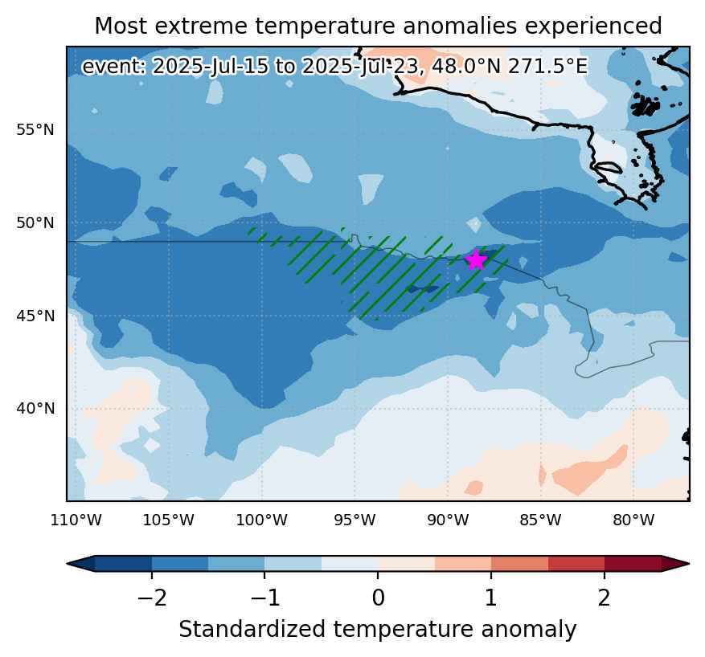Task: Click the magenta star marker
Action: (476, 260)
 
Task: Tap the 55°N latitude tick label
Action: (35, 130)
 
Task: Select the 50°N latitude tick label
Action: (35, 222)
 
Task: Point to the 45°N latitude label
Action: (35, 316)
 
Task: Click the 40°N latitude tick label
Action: (35, 409)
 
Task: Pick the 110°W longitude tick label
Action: (76, 520)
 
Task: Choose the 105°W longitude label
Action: (169, 520)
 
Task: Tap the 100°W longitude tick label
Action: (262, 520)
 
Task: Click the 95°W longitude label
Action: (355, 520)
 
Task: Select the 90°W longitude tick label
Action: (448, 520)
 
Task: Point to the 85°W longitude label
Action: (540, 520)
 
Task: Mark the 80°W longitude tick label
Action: (633, 520)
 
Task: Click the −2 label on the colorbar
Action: (152, 598)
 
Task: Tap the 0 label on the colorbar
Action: (378, 598)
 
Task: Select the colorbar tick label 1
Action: (491, 598)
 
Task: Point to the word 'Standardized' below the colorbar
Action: (252, 629)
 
